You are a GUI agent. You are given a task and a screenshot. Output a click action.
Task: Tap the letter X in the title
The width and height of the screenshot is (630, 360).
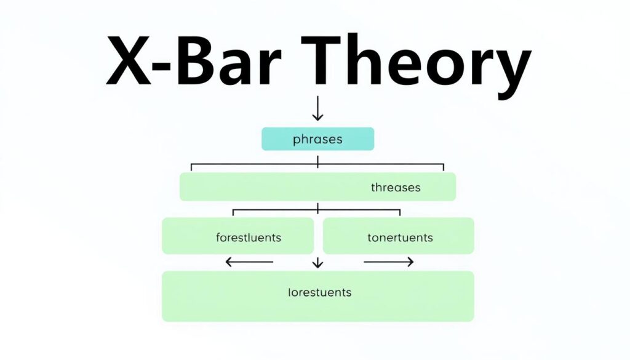[x=129, y=61]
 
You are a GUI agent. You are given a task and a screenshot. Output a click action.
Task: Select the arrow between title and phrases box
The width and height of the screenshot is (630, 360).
[x=318, y=108]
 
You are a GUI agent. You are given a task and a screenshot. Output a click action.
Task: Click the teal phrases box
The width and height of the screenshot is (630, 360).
[x=318, y=139]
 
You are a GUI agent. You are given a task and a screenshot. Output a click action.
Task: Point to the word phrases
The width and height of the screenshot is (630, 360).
[x=318, y=140]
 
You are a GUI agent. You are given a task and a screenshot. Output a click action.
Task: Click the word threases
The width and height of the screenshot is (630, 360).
[x=396, y=187]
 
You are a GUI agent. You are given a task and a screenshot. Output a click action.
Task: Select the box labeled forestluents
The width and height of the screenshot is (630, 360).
[x=238, y=236]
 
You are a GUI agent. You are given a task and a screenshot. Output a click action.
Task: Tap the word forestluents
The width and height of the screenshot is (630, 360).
[x=249, y=238]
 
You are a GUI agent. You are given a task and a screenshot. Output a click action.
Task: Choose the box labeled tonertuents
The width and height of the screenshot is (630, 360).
[x=399, y=236]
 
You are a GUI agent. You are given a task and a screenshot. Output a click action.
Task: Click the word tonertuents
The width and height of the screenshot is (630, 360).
[x=400, y=238]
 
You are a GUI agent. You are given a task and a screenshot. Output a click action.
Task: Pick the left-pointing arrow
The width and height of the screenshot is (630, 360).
[x=250, y=262]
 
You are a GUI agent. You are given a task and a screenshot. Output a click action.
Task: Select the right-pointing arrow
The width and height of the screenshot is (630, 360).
[x=389, y=262]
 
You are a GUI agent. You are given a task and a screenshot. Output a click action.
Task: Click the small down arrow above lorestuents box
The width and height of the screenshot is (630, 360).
[x=318, y=263]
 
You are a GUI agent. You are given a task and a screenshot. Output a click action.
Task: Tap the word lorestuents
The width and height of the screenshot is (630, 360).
[x=320, y=292]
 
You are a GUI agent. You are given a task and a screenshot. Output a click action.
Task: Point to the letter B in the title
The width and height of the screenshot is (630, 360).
[x=196, y=61]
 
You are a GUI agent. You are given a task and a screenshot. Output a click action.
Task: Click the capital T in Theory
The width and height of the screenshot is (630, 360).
[x=321, y=60]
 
